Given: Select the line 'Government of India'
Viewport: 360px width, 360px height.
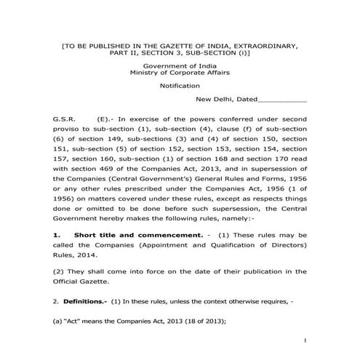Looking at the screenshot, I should pos(180,66).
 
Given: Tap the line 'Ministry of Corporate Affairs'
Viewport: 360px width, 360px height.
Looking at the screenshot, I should pos(180,73).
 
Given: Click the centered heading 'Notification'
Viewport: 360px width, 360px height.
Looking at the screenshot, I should pos(180,86).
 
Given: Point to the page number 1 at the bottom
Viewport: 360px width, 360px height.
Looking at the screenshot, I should pos(307,340).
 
